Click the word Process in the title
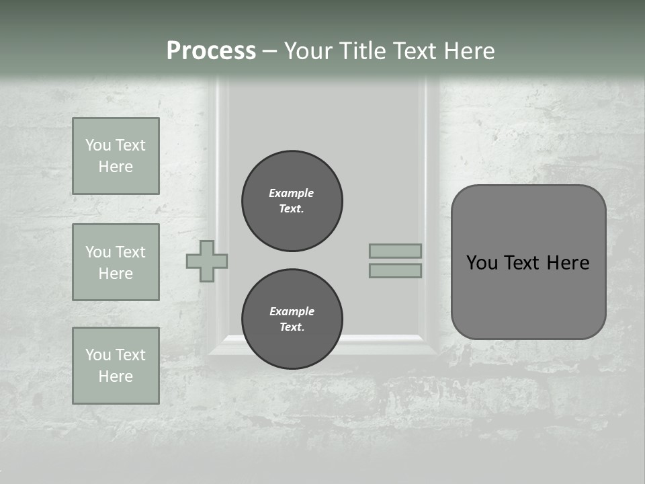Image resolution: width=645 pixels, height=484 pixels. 211,50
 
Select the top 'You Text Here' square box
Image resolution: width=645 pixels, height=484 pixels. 116,156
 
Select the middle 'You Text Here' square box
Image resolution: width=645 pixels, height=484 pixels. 116,262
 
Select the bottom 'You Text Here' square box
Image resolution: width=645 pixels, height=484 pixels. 116,366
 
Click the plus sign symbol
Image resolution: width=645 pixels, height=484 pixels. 207,261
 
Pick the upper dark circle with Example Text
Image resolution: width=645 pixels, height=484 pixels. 292,201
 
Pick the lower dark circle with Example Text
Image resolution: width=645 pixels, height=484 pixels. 292,319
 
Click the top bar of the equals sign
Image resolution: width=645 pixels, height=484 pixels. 395,251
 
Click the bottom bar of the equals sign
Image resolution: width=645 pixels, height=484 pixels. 395,270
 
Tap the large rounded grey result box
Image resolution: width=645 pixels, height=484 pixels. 528,296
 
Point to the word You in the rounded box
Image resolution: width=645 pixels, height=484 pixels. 481,263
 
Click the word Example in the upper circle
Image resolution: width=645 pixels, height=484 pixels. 291,193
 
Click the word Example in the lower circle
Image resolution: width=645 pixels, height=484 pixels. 291,311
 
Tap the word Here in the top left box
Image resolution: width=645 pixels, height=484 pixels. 116,167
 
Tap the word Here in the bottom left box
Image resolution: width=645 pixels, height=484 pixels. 116,376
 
